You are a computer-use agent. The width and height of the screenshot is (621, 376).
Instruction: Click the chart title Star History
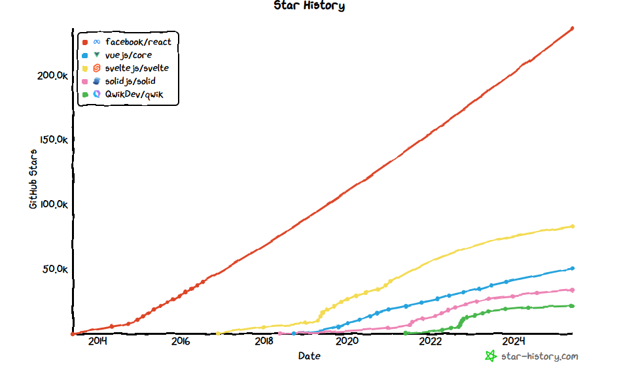[x=309, y=6]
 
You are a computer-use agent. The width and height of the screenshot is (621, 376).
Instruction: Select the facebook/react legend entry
[x=137, y=42]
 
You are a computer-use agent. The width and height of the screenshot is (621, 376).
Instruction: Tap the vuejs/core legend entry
[x=128, y=55]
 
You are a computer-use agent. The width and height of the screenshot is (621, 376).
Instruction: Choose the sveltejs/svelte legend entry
[x=137, y=68]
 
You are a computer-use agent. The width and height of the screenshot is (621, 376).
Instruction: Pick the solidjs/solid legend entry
[x=130, y=81]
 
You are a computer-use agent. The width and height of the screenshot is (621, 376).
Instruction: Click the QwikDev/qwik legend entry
[x=133, y=95]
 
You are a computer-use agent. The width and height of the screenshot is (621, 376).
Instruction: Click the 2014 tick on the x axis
[x=97, y=341]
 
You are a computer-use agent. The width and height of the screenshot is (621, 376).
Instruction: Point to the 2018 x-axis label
[x=264, y=341]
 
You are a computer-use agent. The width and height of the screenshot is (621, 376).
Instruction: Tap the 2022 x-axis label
[x=431, y=341]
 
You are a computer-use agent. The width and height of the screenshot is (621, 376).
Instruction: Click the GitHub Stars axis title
[x=33, y=179]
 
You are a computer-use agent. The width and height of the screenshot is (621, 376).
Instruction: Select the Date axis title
[x=310, y=356]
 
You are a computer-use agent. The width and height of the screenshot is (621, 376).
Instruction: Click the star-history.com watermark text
[x=539, y=356]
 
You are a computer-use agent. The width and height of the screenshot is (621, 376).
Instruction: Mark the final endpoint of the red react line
[x=572, y=28]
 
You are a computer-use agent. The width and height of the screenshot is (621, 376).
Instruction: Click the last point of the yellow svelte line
[x=572, y=226]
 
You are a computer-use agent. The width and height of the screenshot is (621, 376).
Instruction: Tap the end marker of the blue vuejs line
[x=572, y=268]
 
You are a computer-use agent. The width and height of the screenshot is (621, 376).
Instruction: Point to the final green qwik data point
[x=572, y=306]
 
